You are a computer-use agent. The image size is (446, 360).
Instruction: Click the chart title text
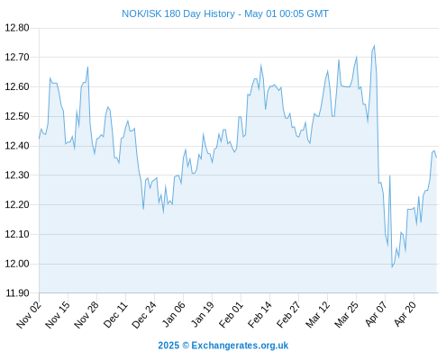point(225,13)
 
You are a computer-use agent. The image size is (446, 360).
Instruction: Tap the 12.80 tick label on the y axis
point(17,28)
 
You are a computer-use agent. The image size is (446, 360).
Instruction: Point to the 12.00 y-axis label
point(17,264)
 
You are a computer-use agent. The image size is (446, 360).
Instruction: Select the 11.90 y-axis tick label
point(17,293)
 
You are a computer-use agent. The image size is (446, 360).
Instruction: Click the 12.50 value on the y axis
point(17,116)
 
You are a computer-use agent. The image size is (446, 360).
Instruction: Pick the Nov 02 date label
point(29,315)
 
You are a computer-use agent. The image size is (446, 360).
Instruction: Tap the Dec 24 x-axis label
point(144,315)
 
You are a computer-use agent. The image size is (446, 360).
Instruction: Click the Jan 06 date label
point(173,315)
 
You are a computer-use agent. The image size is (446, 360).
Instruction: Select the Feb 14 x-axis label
point(259,315)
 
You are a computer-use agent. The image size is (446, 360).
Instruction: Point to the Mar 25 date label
point(346,315)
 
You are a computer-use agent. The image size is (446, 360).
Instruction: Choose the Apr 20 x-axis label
point(405,314)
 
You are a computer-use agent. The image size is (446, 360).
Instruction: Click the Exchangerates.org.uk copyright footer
point(223,346)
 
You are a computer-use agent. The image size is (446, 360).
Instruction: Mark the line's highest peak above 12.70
point(374,46)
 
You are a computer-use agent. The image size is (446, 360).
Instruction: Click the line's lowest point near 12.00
point(392,266)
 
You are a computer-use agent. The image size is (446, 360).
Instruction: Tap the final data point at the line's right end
point(436,157)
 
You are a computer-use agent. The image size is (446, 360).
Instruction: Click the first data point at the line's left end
point(39,139)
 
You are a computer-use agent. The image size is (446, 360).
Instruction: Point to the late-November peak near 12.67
point(87,67)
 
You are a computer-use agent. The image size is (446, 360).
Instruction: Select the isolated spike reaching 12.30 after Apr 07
point(389,176)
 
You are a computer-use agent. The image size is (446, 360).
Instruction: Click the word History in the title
point(219,13)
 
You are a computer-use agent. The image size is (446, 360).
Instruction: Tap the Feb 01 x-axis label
point(231,315)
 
